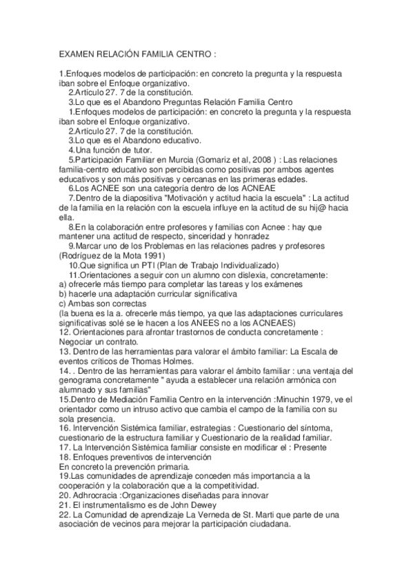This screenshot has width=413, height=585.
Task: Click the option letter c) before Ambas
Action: [63, 304]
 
